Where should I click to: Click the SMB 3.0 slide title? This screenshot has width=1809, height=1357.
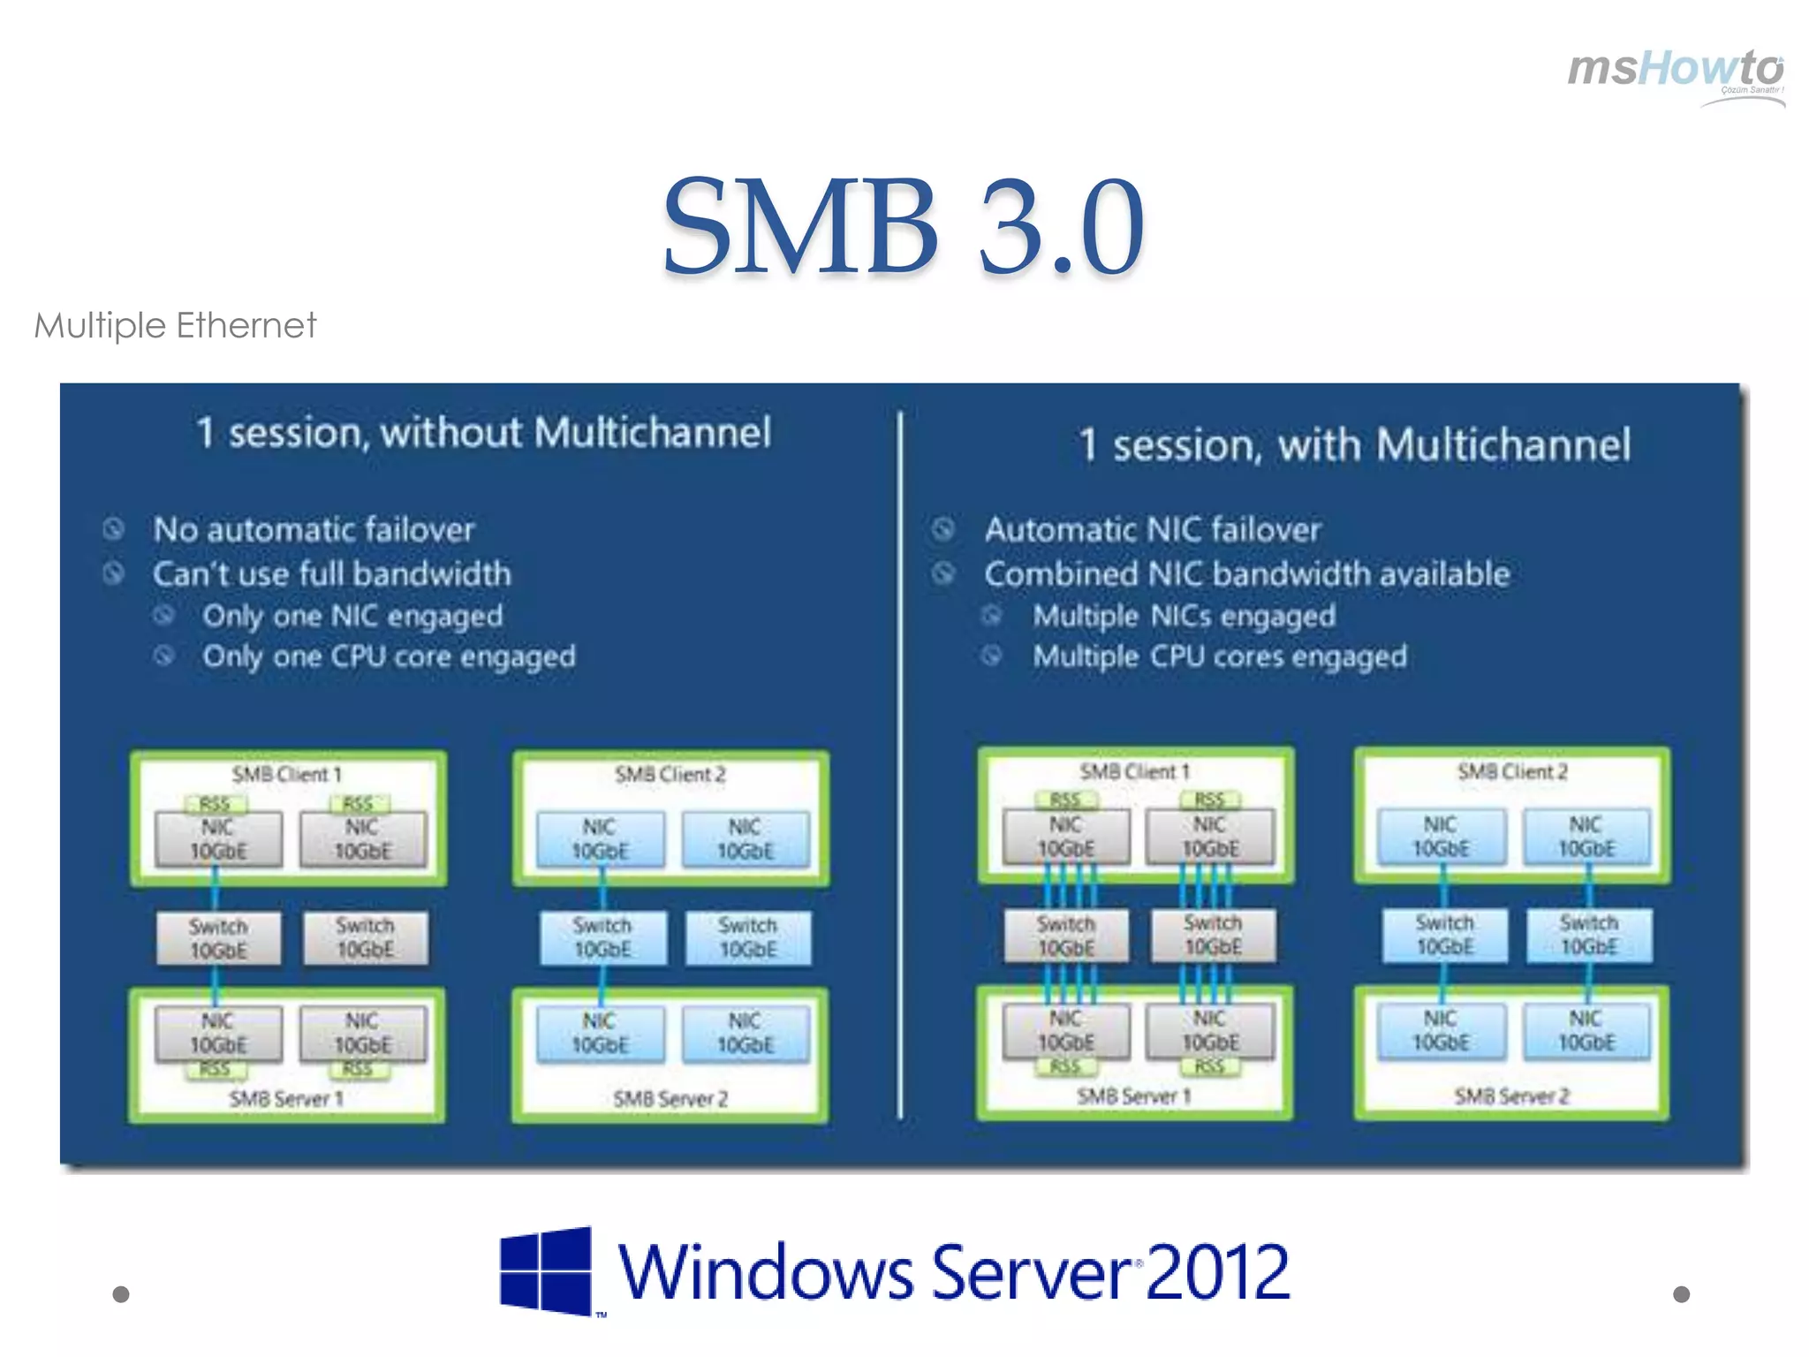[903, 227]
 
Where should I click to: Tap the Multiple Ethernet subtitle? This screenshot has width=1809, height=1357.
[175, 325]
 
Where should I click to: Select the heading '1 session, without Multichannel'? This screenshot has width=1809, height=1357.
[483, 433]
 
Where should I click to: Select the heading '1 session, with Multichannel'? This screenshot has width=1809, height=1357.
[1354, 444]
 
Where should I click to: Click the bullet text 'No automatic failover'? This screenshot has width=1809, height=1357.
[314, 530]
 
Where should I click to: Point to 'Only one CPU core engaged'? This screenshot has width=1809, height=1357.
[389, 656]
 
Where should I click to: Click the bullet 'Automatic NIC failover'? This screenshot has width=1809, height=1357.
[1152, 530]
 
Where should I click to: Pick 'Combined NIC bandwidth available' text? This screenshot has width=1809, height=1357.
[1246, 574]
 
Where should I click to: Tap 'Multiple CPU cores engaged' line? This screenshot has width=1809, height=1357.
[1220, 656]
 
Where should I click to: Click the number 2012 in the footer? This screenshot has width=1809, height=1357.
[1217, 1272]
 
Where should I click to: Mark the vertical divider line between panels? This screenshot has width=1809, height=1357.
[900, 765]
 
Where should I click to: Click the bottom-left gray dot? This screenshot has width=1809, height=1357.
[121, 1294]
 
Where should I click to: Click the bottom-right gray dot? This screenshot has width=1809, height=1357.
[1681, 1294]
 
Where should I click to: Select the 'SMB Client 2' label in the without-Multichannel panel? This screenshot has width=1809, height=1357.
[670, 775]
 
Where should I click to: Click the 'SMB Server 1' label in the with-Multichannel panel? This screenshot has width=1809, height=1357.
[1133, 1096]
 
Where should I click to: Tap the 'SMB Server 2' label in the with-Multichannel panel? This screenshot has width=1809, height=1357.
[1511, 1096]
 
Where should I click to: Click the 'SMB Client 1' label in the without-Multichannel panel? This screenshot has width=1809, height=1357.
[286, 775]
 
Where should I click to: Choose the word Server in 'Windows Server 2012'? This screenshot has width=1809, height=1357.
[1030, 1272]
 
